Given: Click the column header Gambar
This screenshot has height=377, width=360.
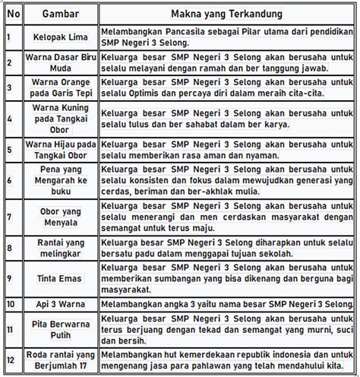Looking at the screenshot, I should tap(60, 13).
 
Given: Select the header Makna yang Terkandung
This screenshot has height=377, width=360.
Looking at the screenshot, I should tap(228, 13).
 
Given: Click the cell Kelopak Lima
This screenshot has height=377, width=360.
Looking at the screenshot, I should tap(60, 36).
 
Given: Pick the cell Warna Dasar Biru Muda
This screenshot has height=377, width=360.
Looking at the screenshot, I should tap(60, 62).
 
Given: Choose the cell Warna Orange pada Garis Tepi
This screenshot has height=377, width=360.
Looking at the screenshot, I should tap(60, 88).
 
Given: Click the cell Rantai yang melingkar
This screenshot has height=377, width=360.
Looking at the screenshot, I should tap(60, 249).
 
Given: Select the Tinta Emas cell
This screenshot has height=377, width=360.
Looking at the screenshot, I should tap(60, 278).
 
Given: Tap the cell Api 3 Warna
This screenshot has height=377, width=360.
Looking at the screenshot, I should tap(60, 304).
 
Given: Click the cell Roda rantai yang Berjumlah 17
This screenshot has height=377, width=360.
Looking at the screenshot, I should tap(60, 360).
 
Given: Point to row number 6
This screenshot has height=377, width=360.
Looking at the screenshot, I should tap(8, 179).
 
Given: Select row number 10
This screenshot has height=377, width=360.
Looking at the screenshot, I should tap(10, 304).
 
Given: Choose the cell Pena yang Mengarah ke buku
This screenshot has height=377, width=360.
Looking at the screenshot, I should tap(60, 179).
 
